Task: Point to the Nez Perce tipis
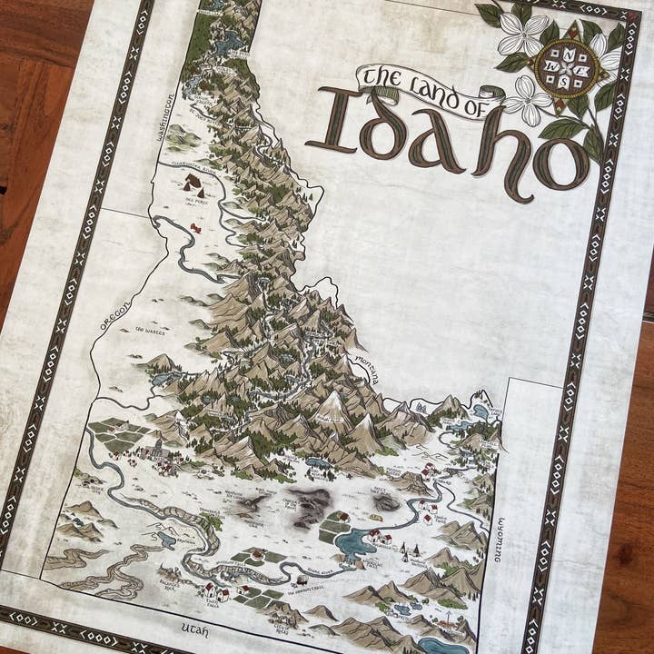[193, 185]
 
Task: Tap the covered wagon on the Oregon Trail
[300, 580]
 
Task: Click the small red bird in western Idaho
[194, 228]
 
